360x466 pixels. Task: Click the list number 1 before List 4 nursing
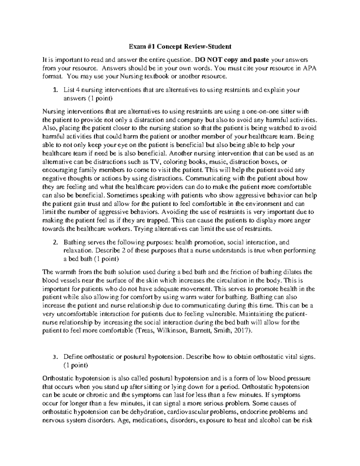pyautogui.click(x=54, y=90)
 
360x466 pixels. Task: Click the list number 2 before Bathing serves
pyautogui.click(x=54, y=242)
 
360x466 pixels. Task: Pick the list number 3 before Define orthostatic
pyautogui.click(x=54, y=357)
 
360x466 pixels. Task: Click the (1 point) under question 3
pyautogui.click(x=76, y=365)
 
